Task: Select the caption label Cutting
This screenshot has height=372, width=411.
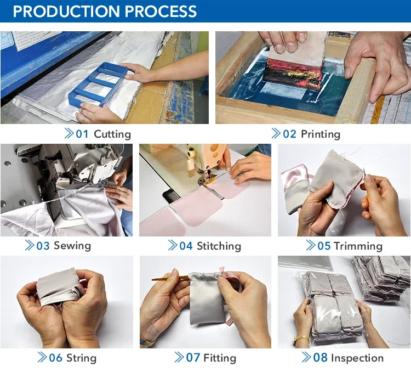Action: pos(112,134)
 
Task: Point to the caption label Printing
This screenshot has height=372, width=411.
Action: pos(321,134)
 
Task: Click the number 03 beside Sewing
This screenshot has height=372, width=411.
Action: pos(43,245)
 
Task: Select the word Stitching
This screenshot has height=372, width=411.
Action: pos(219,245)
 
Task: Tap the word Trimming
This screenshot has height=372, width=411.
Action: pos(358,245)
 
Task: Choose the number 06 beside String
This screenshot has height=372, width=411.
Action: pos(55,358)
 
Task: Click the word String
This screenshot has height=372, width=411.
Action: pos(81,358)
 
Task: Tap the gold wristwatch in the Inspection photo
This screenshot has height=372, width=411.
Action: pos(301,339)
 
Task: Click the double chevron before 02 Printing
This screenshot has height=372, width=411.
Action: pos(276,134)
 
